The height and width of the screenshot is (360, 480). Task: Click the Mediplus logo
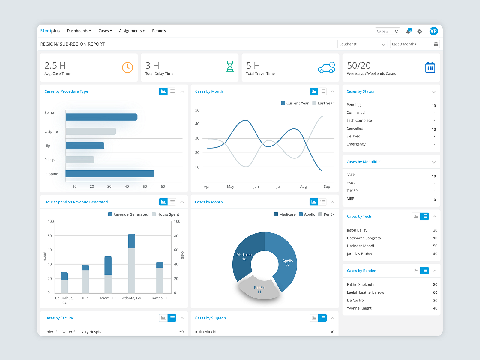pos(50,31)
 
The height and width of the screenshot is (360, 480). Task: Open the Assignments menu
pos(131,31)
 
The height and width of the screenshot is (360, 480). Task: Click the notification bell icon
pos(408,31)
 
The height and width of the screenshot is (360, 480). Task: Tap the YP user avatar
pos(433,31)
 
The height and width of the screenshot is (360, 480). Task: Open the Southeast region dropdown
pos(362,44)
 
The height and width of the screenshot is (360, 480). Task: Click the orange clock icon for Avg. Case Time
pos(127,67)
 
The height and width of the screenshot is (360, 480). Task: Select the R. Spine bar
pos(110,174)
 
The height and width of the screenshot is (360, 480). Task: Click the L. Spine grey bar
pos(91,131)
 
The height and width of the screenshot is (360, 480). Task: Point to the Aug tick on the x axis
pos(303,187)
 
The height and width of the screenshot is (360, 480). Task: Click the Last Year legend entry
pos(323,103)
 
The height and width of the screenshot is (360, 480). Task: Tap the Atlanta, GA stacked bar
pos(131,264)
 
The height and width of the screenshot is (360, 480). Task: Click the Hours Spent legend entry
pos(166,214)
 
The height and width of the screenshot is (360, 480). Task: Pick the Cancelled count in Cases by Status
pos(433,130)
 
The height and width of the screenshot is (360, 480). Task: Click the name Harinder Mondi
pos(360,246)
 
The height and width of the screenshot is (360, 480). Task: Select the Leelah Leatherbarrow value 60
pos(435,292)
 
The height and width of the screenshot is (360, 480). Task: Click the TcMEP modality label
pos(352,191)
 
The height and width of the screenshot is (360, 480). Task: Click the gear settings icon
pos(420,31)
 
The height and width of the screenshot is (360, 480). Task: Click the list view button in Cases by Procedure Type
pos(172,91)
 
